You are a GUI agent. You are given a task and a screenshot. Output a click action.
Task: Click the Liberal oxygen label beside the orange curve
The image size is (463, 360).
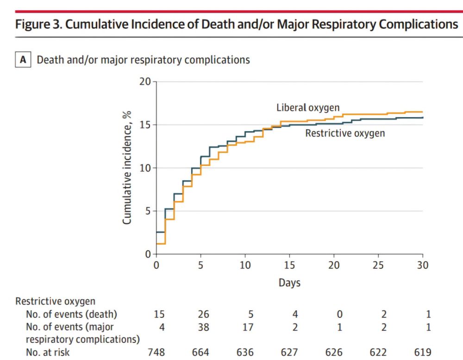click(308, 107)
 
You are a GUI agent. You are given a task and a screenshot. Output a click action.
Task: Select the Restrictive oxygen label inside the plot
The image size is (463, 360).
click(345, 133)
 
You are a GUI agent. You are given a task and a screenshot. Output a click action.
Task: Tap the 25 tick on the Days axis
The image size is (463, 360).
click(378, 265)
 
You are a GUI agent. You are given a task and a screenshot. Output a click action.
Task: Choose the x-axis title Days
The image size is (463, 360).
click(289, 283)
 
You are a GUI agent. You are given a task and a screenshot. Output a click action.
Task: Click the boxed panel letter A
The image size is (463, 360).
click(23, 60)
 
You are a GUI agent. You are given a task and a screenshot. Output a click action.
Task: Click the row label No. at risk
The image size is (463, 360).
click(48, 353)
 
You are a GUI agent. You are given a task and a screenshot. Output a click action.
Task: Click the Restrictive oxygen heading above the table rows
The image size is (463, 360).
click(56, 301)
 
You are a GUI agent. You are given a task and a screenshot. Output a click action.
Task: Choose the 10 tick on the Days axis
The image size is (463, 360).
click(245, 265)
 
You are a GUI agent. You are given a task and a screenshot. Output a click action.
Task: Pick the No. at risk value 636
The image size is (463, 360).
click(245, 353)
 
